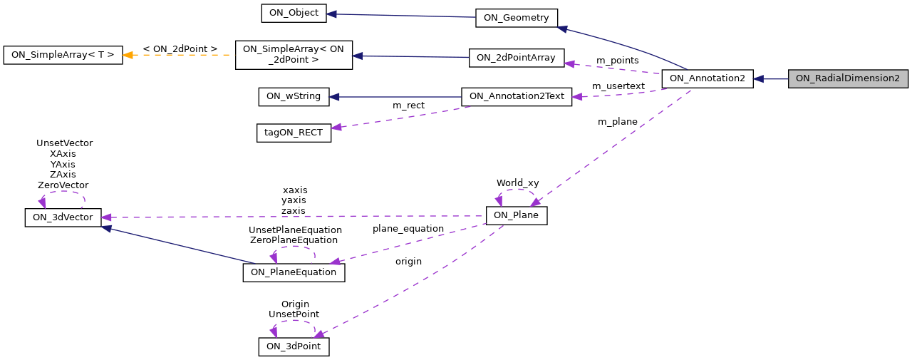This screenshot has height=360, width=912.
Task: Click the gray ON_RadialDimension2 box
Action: pyautogui.click(x=848, y=79)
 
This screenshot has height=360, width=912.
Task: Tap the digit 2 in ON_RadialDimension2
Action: pyautogui.click(x=896, y=79)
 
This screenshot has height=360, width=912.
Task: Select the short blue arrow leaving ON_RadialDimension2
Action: pyautogui.click(x=770, y=79)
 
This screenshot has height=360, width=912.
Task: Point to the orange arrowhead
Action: pyautogui.click(x=128, y=55)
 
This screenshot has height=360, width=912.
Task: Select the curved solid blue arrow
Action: pyautogui.click(x=627, y=46)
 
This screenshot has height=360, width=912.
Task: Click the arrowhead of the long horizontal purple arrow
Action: pyautogui.click(x=105, y=217)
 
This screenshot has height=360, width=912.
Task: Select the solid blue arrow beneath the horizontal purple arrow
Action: pyautogui.click(x=178, y=245)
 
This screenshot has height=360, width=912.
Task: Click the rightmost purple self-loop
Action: pyautogui.click(x=515, y=194)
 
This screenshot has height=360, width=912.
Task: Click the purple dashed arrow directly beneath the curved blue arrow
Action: pyautogui.click(x=613, y=68)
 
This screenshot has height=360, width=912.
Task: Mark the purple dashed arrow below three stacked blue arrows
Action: pyautogui.click(x=399, y=117)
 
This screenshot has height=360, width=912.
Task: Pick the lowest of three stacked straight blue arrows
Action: pyautogui.click(x=395, y=97)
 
